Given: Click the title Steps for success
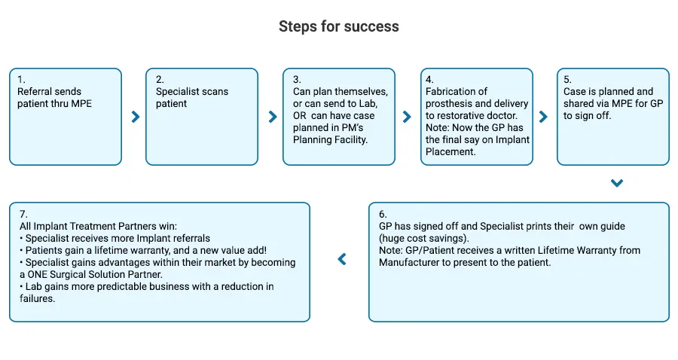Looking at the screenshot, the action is click(x=338, y=26).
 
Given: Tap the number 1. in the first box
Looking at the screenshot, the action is click(x=21, y=80).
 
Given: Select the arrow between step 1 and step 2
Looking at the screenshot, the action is click(x=136, y=117).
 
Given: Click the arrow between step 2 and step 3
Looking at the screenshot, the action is click(x=273, y=117).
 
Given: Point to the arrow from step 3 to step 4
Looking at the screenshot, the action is click(x=407, y=117).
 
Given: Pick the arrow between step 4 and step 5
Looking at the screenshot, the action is click(x=543, y=117).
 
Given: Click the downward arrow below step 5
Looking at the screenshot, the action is click(x=617, y=183).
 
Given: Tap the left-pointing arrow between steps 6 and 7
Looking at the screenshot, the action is click(x=342, y=259).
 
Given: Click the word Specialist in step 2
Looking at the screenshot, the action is click(x=176, y=92).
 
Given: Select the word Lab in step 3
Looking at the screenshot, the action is click(x=368, y=104).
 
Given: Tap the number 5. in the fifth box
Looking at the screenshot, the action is click(x=567, y=80).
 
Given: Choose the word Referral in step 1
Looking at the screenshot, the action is click(x=34, y=92).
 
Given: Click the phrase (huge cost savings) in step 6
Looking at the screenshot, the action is click(x=423, y=238).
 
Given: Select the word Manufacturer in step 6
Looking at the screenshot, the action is click(x=408, y=262).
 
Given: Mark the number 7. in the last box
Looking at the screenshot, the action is click(x=23, y=215).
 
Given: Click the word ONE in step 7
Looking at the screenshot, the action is click(x=37, y=274).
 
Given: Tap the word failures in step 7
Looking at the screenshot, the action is click(x=36, y=299).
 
